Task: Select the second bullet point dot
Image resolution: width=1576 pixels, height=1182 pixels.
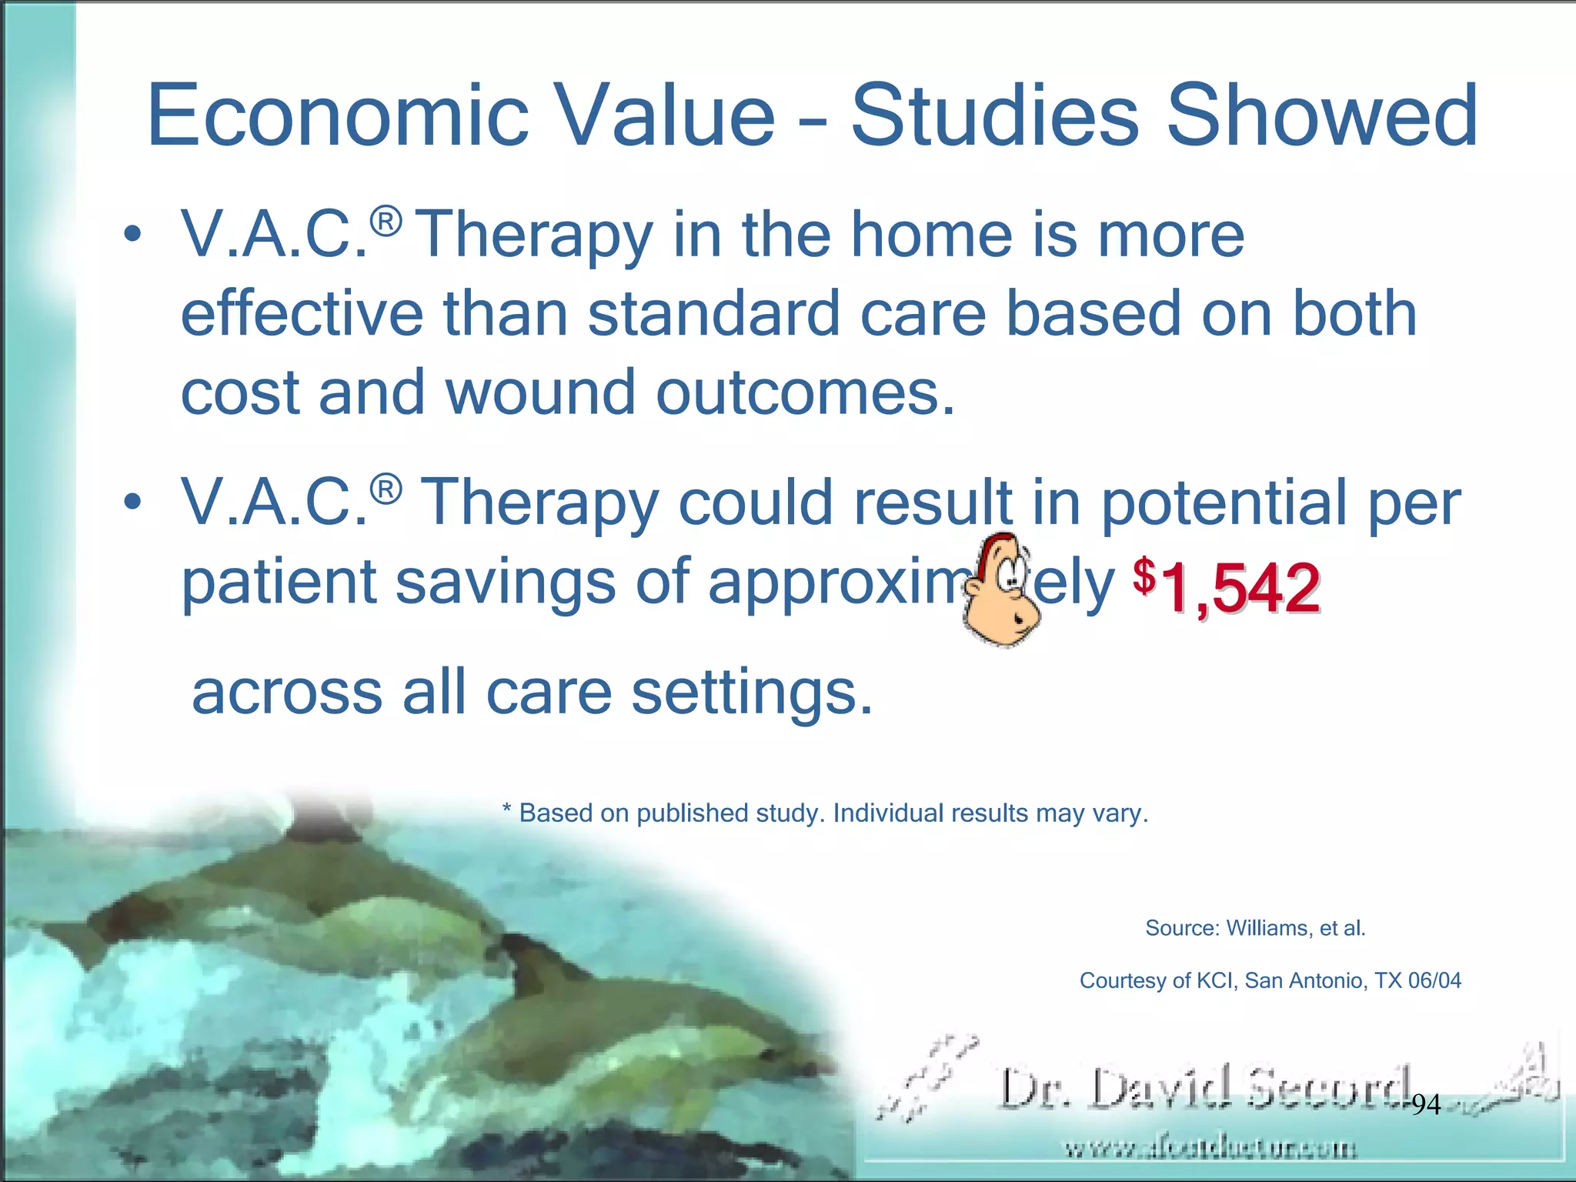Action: point(132,501)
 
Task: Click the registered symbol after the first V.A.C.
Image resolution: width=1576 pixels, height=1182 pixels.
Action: point(386,222)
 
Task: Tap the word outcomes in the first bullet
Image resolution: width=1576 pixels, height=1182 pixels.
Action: point(805,392)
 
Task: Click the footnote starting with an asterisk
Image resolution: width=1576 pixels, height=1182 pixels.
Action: point(825,813)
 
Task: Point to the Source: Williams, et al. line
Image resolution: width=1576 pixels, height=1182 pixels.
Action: point(1255,928)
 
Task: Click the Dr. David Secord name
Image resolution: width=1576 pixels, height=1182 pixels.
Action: point(1204,1090)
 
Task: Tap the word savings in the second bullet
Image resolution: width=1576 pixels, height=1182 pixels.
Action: point(505,583)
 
